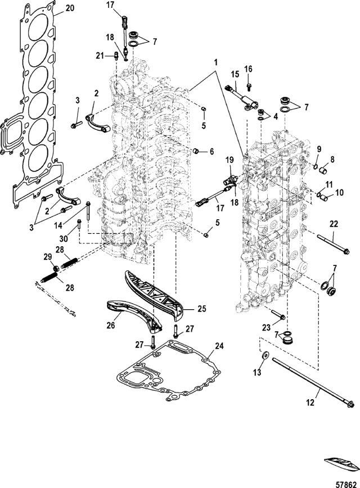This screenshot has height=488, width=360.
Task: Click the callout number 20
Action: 70,8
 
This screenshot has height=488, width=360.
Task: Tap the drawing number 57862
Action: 346,485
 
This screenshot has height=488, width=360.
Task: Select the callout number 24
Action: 219,346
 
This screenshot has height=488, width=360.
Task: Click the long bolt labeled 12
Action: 313,382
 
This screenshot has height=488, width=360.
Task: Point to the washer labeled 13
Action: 265,356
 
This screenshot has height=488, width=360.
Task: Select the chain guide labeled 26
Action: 134,316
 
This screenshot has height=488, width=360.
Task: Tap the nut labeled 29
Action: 56,268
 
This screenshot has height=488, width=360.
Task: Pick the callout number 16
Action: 248,69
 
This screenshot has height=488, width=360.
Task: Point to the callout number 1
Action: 215,62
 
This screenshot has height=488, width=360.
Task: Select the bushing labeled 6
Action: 196,151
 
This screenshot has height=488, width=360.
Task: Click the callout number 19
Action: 229,160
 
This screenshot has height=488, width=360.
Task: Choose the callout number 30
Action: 63,230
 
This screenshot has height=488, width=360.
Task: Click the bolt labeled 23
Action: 278,315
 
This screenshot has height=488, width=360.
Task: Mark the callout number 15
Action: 235,74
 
